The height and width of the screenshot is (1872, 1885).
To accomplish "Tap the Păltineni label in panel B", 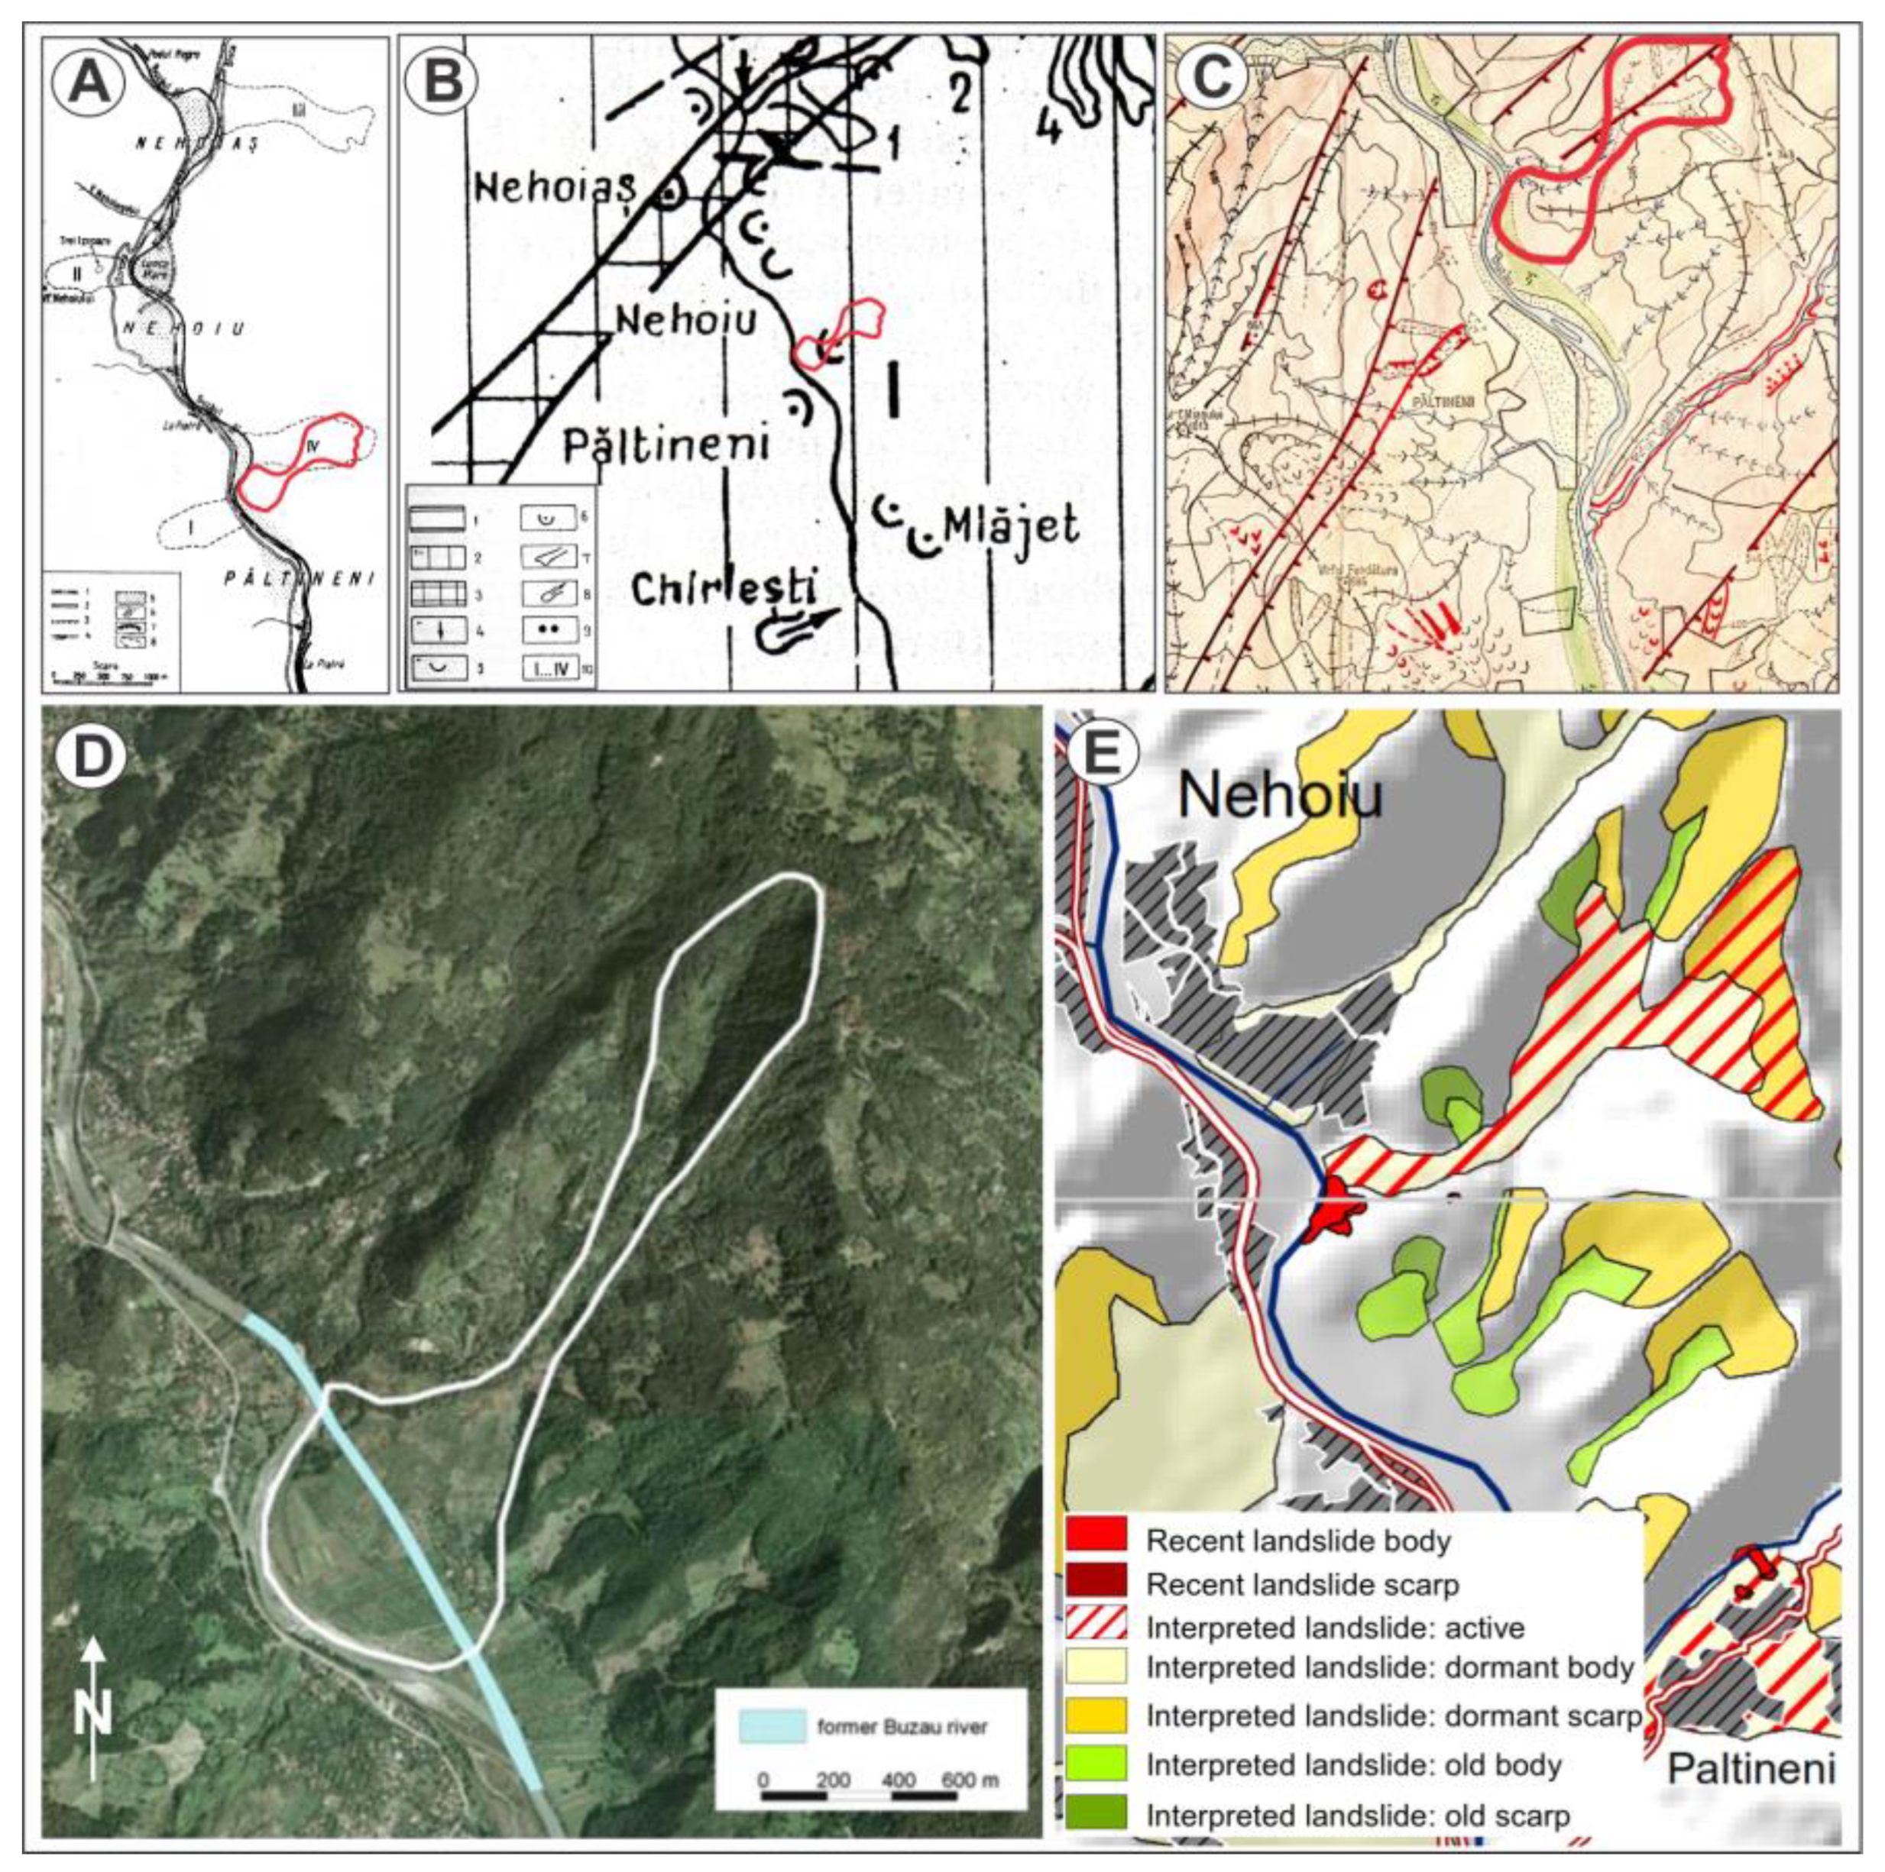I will [x=667, y=444].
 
